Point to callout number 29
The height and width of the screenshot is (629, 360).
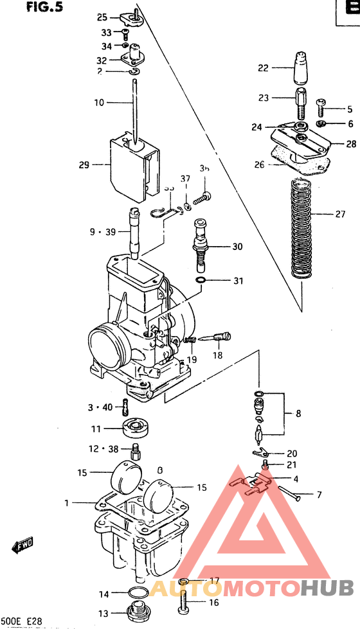pyautogui.click(x=84, y=165)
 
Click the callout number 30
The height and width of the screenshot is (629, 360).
pyautogui.click(x=220, y=247)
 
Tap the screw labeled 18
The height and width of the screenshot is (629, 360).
pyautogui.click(x=221, y=336)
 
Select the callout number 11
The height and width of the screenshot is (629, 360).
pyautogui.click(x=95, y=429)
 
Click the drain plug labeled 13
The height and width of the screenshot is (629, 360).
pyautogui.click(x=136, y=611)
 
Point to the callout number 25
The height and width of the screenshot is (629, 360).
pyautogui.click(x=102, y=17)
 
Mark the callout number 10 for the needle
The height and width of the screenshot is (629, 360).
pyautogui.click(x=98, y=102)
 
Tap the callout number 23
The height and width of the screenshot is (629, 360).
pyautogui.click(x=264, y=98)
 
